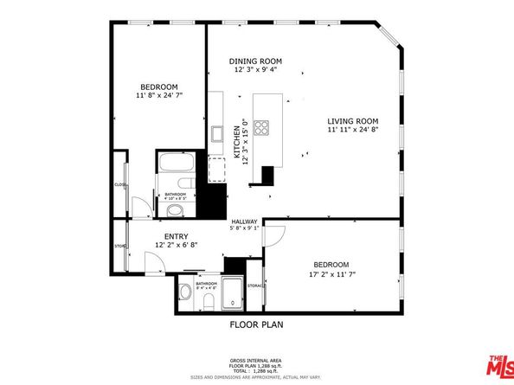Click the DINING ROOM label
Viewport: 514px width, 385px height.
(256, 61)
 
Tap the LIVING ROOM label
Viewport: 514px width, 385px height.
(352, 120)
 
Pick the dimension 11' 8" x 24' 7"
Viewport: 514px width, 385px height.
(159, 96)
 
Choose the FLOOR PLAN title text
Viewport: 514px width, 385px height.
(256, 325)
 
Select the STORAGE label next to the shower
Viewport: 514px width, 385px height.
(255, 285)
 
